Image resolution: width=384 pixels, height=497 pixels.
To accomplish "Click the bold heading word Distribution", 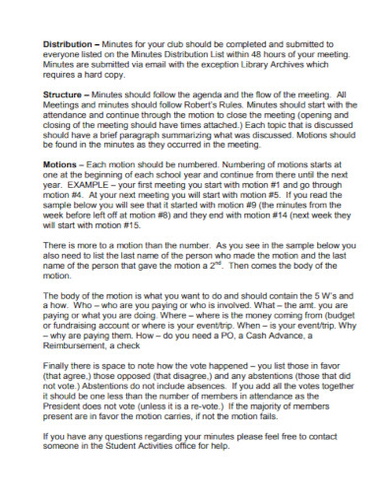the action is (x=68, y=45).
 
